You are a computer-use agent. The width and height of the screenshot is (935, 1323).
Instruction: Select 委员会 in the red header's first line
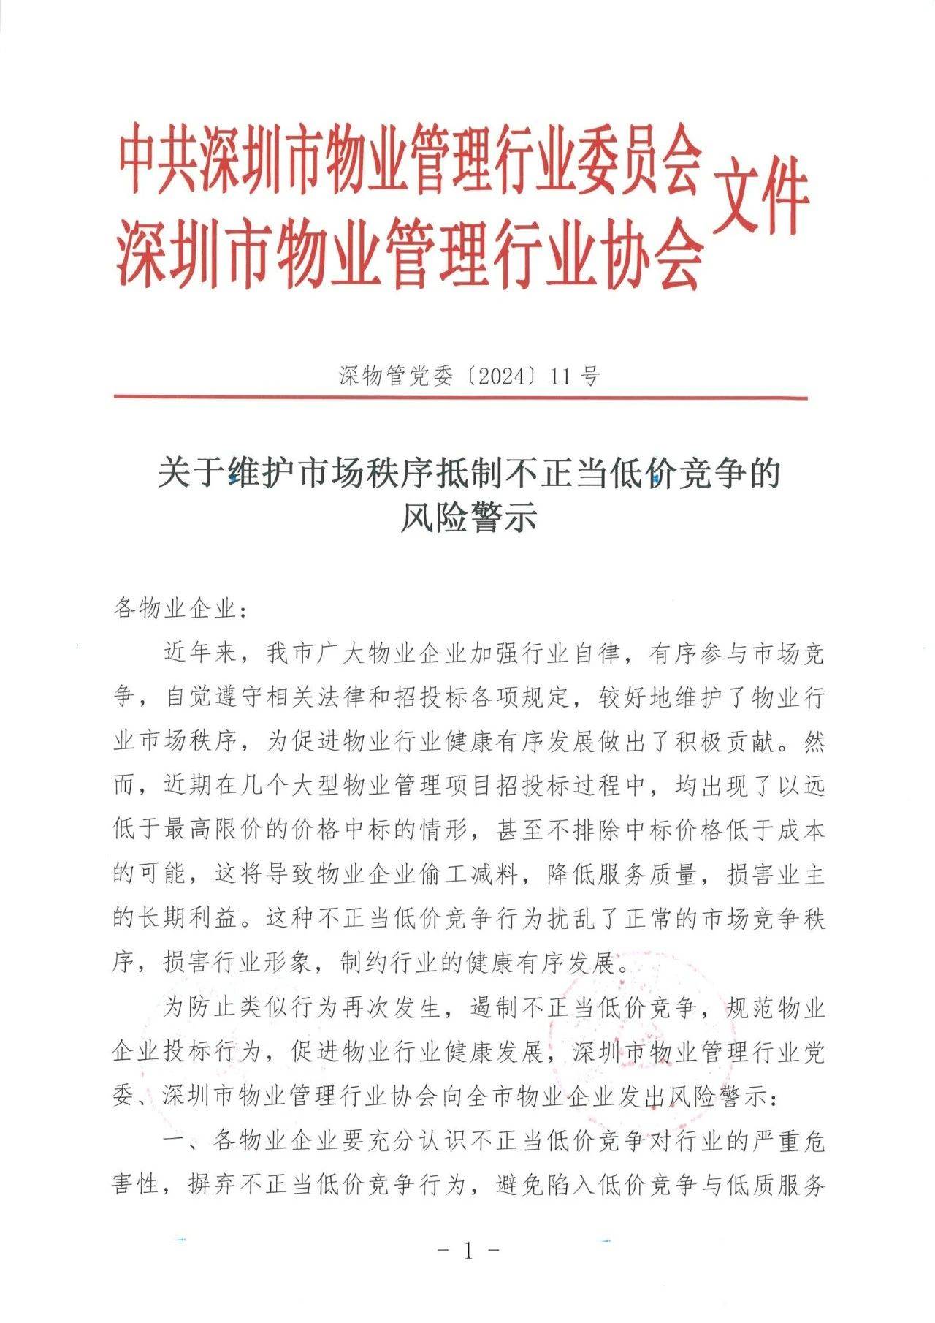[x=636, y=157]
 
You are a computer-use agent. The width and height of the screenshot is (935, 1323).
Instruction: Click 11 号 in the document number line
[x=576, y=376]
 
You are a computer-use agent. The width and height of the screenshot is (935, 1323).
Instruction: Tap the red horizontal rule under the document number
[x=460, y=398]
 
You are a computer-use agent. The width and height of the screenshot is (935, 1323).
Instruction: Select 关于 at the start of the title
[x=189, y=474]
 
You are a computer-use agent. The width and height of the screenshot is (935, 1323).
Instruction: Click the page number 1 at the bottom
[x=468, y=1251]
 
